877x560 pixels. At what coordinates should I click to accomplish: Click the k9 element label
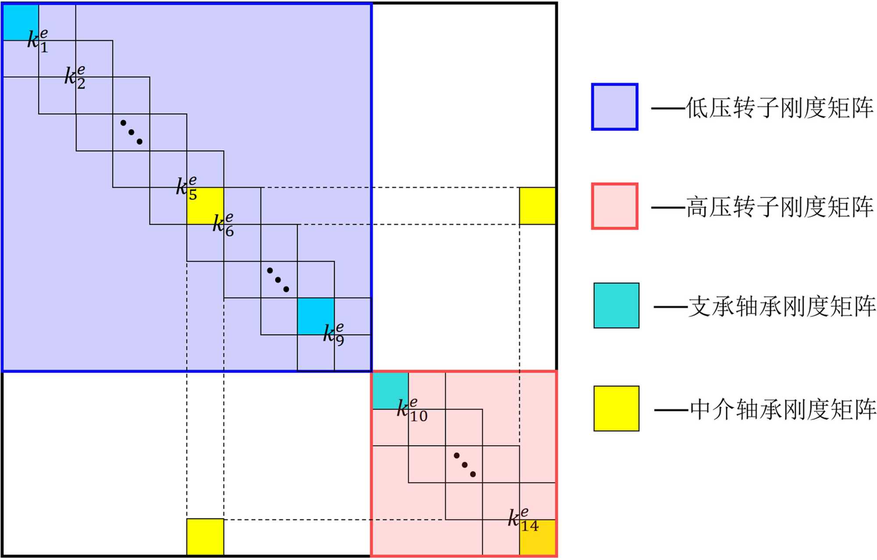click(334, 335)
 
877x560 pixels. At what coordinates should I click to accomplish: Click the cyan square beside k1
click(21, 22)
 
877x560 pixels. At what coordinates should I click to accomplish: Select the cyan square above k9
click(316, 316)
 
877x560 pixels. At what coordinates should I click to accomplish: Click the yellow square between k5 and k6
click(205, 206)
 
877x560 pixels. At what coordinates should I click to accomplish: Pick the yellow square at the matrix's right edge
click(537, 206)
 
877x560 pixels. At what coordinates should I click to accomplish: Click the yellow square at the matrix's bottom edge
click(205, 537)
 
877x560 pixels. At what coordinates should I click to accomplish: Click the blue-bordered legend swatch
click(614, 107)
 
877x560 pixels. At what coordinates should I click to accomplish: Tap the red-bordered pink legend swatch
click(614, 206)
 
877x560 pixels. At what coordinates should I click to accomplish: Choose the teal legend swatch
click(616, 306)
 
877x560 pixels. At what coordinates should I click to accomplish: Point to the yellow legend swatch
click(616, 408)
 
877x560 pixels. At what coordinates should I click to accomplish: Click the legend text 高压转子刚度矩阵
click(780, 207)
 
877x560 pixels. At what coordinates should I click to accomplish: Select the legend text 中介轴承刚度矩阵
click(782, 409)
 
